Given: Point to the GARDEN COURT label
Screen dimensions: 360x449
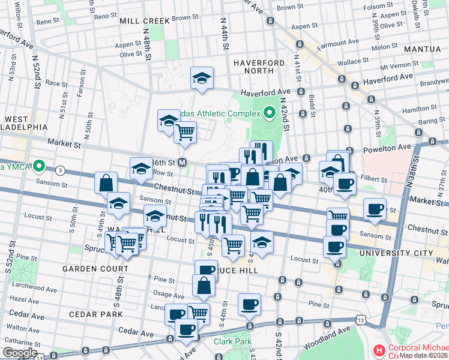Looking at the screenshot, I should click(90, 269).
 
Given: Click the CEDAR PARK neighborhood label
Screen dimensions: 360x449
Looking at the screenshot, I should click(95, 314).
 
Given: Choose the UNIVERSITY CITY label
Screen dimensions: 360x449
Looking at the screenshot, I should click(394, 254).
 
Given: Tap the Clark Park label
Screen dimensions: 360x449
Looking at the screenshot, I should click(231, 341).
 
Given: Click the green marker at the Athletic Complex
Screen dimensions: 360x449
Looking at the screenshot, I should click(270, 112).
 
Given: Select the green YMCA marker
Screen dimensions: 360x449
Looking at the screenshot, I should click(39, 166).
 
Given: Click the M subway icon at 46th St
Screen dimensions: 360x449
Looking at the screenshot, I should click(183, 163).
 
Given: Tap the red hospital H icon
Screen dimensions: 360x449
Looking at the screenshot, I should click(379, 349).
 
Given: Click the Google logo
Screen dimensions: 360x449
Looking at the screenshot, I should click(20, 353).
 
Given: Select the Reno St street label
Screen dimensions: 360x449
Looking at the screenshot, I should click(48, 22).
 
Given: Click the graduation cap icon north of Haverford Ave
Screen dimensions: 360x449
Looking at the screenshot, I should click(202, 78).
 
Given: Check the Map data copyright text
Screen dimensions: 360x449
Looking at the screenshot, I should click(424, 355).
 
